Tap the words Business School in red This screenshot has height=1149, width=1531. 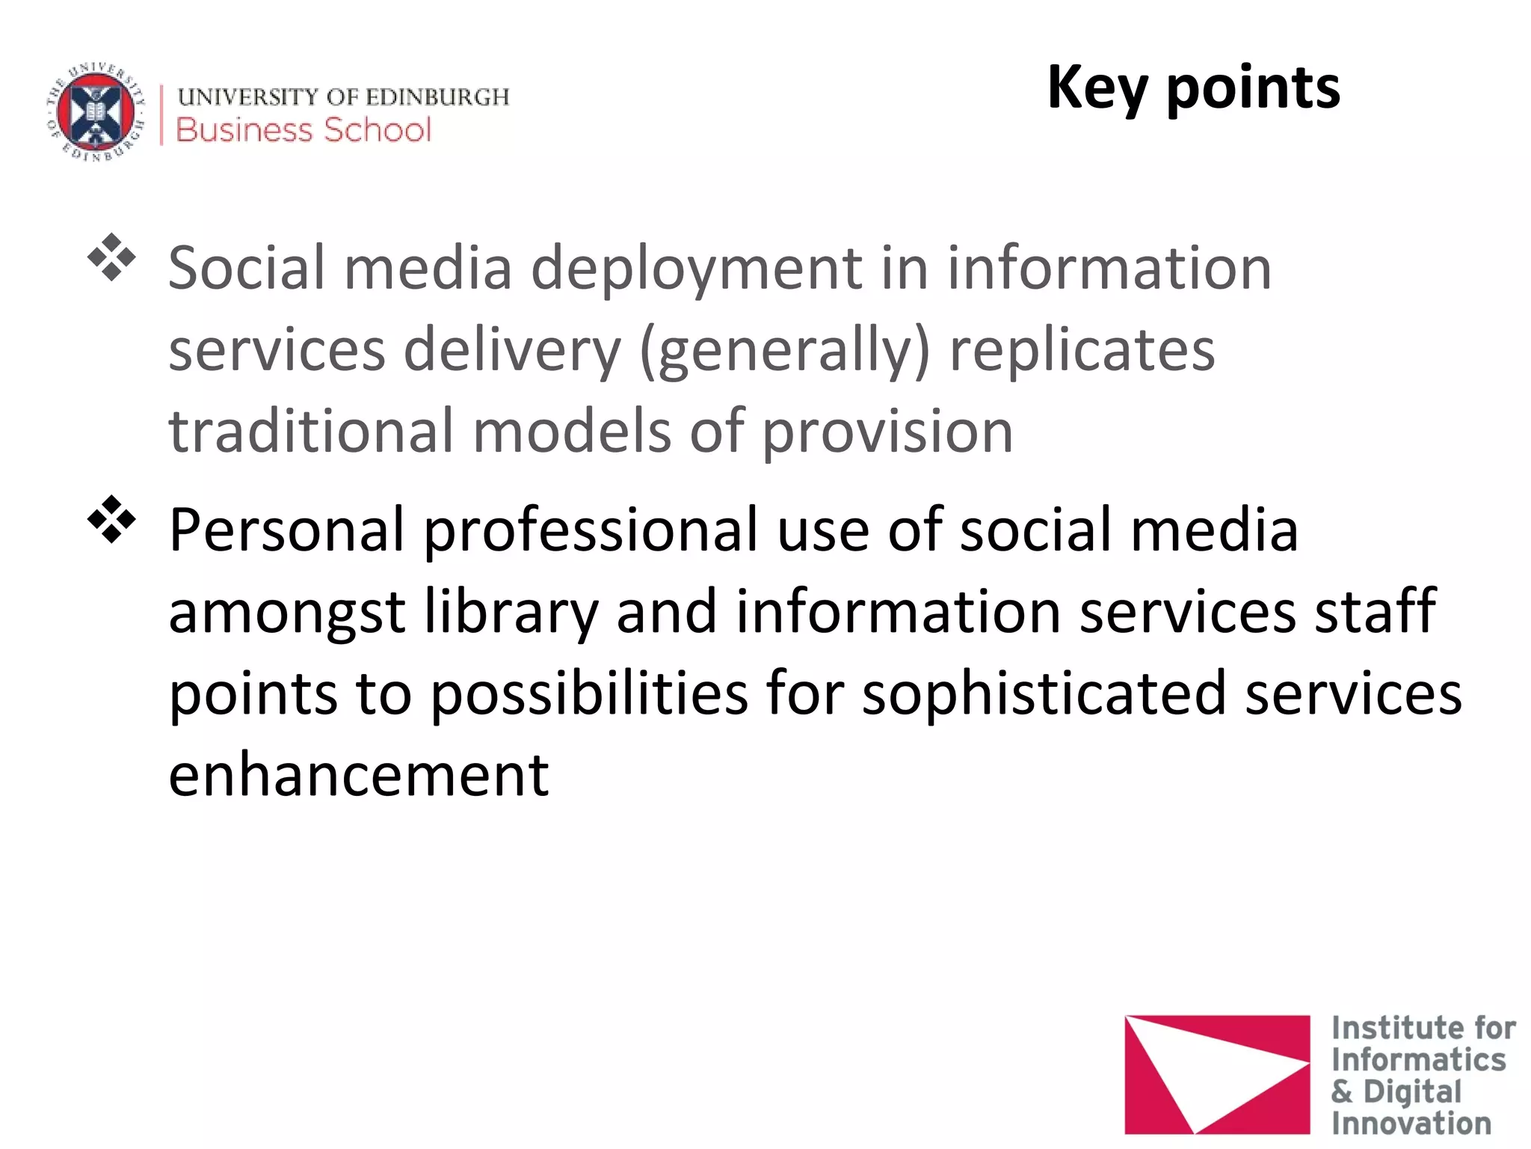pos(304,130)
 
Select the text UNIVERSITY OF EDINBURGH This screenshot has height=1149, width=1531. pos(343,96)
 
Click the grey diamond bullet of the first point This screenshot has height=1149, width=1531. pos(111,258)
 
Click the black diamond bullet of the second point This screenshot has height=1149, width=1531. pos(111,519)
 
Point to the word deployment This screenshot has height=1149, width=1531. pos(697,269)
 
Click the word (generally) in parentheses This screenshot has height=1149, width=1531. pos(785,352)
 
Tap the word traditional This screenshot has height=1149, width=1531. pos(311,432)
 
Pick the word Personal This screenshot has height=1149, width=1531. pos(287,530)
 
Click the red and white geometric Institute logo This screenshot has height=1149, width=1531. pos(1216,1073)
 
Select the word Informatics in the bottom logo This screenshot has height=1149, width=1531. pos(1418,1060)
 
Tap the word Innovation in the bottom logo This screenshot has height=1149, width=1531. pos(1411,1123)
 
